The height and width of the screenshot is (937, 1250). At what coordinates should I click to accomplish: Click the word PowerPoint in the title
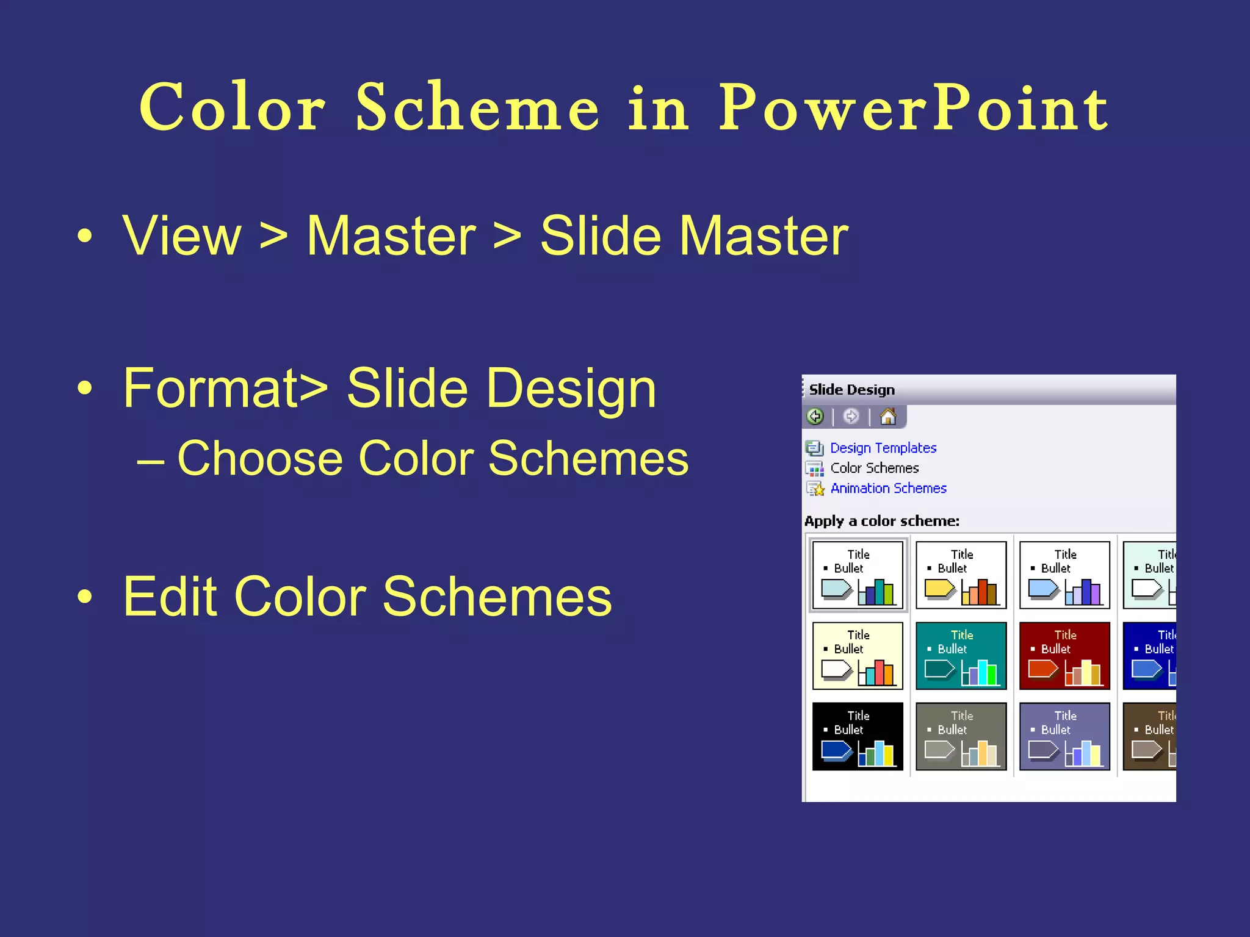pyautogui.click(x=912, y=109)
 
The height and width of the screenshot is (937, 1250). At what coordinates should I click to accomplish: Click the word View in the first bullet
pyautogui.click(x=182, y=236)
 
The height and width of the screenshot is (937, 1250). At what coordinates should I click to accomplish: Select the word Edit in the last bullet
pyautogui.click(x=168, y=597)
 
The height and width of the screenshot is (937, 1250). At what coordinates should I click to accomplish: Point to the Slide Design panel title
pyautogui.click(x=851, y=390)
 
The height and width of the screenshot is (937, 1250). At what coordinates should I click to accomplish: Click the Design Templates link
pyautogui.click(x=883, y=448)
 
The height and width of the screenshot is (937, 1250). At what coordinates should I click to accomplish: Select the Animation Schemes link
pyautogui.click(x=888, y=489)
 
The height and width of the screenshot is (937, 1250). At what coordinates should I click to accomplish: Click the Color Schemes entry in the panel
pyautogui.click(x=874, y=468)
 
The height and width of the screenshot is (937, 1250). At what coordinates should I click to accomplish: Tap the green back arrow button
pyautogui.click(x=815, y=417)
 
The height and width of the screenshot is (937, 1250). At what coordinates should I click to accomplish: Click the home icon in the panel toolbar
pyautogui.click(x=888, y=417)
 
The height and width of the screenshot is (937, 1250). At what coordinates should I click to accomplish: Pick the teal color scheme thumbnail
pyautogui.click(x=961, y=656)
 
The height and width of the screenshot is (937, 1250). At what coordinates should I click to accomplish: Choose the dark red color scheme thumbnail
pyautogui.click(x=1064, y=656)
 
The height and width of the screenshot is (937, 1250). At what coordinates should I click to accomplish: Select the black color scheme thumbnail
pyautogui.click(x=858, y=736)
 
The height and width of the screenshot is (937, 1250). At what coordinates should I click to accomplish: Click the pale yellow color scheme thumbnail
pyautogui.click(x=858, y=656)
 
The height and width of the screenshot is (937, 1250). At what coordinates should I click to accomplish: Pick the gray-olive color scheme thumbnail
pyautogui.click(x=961, y=736)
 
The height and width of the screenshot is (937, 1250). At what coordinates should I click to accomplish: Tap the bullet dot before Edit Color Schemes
pyautogui.click(x=85, y=598)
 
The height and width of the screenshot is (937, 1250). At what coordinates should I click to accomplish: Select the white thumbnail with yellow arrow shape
pyautogui.click(x=961, y=575)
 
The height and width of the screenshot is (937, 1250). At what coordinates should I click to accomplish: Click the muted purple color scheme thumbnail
pyautogui.click(x=1064, y=736)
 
